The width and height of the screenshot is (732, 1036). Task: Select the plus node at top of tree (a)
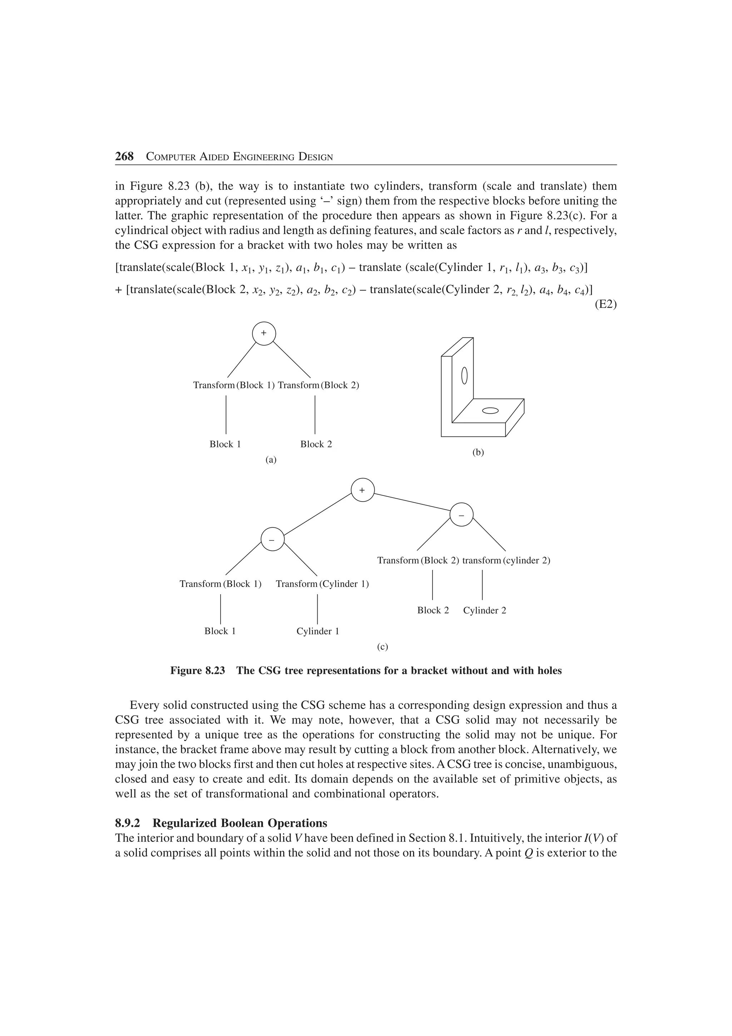pos(264,334)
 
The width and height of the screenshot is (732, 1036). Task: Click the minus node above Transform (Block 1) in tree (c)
pos(272,539)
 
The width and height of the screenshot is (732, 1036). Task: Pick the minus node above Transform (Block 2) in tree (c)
pos(461,515)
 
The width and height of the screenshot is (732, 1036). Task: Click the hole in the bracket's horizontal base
pos(490,411)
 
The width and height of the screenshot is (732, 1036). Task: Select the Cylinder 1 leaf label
pos(317,631)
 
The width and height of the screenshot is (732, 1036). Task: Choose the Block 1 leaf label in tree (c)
pos(220,631)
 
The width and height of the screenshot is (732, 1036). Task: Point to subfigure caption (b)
pos(478,453)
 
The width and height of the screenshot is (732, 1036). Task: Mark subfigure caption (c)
pos(382,647)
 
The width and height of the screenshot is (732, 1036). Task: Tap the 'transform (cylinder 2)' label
pos(506,561)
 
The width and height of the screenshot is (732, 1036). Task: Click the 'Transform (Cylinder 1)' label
pos(322,584)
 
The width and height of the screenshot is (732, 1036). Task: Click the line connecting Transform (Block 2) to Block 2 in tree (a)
pos(315,415)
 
